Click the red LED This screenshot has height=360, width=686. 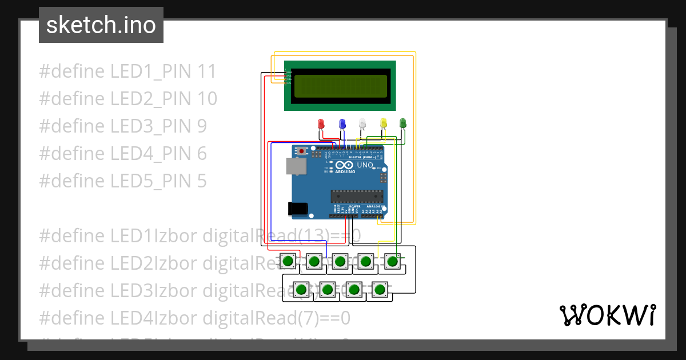(321, 123)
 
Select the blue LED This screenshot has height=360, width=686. (342, 123)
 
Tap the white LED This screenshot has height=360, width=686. (362, 123)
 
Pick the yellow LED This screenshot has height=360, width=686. (384, 123)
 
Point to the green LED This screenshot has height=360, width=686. (402, 123)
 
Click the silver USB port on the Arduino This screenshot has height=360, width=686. (296, 166)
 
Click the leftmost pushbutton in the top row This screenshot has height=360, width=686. (288, 262)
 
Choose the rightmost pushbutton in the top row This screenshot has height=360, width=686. (392, 262)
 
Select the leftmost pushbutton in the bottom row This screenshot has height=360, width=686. (301, 290)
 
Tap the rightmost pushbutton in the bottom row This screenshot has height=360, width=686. (379, 290)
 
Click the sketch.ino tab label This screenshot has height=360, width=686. (101, 25)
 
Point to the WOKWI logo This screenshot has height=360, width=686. (607, 315)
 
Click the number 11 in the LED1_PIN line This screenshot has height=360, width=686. (206, 71)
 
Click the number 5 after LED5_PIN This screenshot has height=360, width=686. (201, 181)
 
